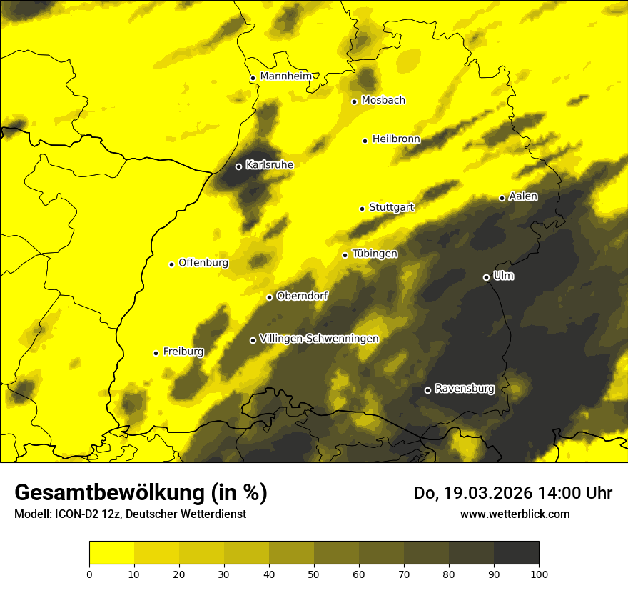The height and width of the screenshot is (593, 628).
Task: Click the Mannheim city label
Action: pos(285,76)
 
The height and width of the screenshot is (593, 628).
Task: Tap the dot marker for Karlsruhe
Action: pos(238,166)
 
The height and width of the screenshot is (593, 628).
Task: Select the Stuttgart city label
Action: pos(392,207)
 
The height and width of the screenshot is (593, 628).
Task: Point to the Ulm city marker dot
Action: pos(486,277)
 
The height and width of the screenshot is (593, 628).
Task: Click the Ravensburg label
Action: pos(465,389)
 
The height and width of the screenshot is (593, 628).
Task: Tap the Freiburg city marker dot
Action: pos(156,353)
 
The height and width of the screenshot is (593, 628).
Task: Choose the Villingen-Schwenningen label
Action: pos(319,339)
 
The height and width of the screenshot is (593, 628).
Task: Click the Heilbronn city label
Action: pos(396,139)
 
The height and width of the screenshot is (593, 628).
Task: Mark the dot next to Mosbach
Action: pos(354,101)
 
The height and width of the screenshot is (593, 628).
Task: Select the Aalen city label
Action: pos(523,196)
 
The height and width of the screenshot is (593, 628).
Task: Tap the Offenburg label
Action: pos(203,263)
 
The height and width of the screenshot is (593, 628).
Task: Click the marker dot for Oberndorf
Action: pos(269,297)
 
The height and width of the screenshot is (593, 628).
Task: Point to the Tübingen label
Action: pos(375,254)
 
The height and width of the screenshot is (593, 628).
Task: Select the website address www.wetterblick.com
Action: pos(515,514)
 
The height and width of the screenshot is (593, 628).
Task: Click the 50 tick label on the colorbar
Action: pos(314,573)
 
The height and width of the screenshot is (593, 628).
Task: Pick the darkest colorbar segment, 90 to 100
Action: pos(516,553)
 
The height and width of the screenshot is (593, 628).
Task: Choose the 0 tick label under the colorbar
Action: pos(89,573)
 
